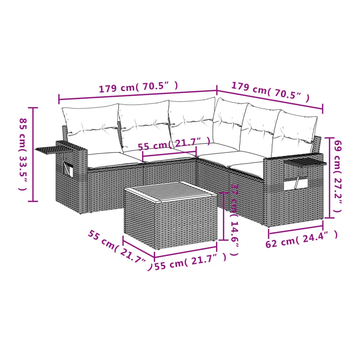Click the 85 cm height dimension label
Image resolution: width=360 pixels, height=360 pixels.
pos(23,154)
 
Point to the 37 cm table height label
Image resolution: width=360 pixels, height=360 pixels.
pos(235,220)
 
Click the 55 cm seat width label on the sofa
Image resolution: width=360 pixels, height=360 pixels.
pos(174,144)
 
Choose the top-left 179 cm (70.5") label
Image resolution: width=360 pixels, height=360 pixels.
pos(138,87)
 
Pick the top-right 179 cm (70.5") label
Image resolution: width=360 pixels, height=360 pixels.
pos(270,92)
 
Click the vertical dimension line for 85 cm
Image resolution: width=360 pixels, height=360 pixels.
pos(33,154)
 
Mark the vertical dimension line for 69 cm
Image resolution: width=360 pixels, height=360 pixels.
pos(330,177)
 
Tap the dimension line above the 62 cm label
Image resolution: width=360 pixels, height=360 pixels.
pos(296,230)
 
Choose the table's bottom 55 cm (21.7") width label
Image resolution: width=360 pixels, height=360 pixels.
pos(190,261)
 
